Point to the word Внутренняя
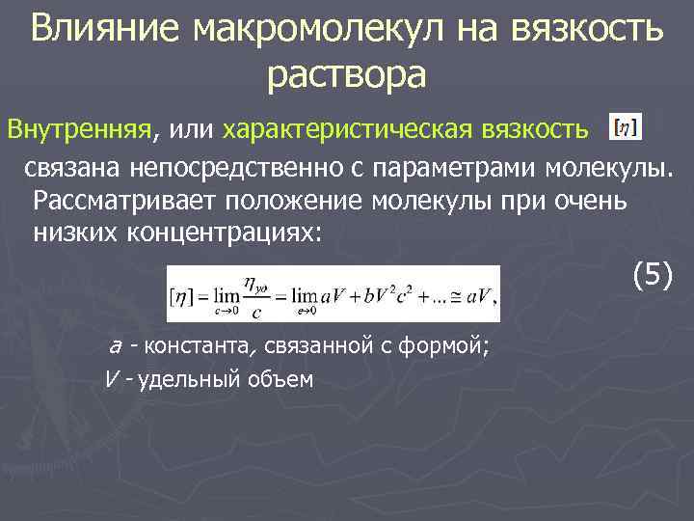[x=82, y=128]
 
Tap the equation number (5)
[x=654, y=276]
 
